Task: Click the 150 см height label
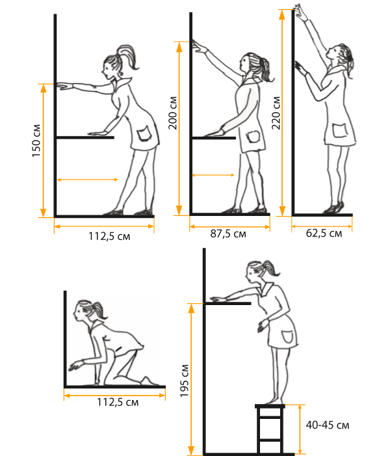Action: click(x=36, y=141)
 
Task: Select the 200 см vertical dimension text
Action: click(x=173, y=113)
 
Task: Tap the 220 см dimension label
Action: click(x=276, y=113)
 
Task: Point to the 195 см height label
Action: click(x=184, y=381)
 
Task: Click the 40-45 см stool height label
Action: click(x=328, y=425)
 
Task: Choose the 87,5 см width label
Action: click(x=228, y=234)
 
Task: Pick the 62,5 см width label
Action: click(x=324, y=234)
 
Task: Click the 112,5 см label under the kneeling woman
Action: click(x=118, y=403)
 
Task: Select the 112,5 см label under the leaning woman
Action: click(x=109, y=236)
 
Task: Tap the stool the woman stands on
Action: click(x=270, y=429)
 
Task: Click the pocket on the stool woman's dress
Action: click(x=288, y=336)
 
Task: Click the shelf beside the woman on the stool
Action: click(x=227, y=304)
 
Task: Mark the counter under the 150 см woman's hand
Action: click(x=85, y=137)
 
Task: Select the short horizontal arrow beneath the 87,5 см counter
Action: click(x=213, y=175)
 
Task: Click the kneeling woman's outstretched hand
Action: click(x=75, y=366)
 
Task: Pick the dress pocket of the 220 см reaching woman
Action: click(x=339, y=130)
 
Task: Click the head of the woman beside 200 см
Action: click(x=250, y=64)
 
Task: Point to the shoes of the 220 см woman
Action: click(x=334, y=208)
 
